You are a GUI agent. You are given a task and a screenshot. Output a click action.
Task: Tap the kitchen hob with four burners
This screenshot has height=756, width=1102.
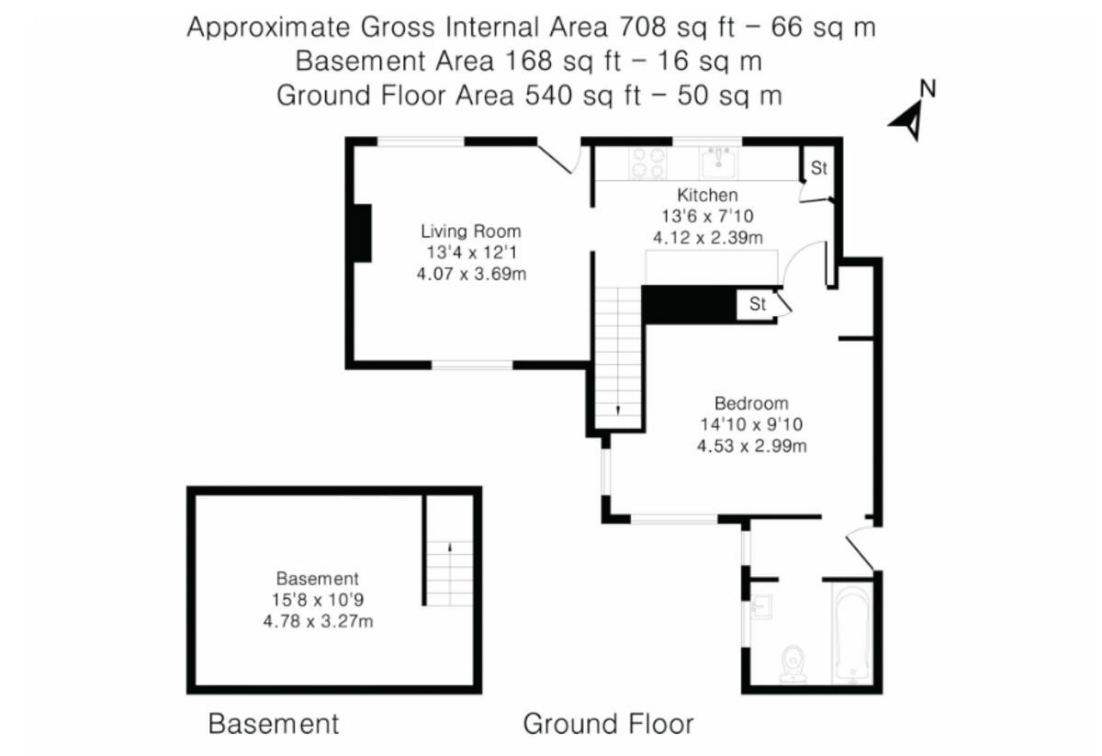click(x=647, y=164)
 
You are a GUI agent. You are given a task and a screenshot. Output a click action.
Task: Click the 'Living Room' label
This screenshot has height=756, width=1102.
click(x=470, y=231)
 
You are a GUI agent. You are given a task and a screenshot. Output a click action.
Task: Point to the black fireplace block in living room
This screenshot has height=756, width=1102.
click(x=363, y=233)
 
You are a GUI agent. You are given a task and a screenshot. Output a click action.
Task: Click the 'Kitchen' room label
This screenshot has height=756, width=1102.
click(x=707, y=195)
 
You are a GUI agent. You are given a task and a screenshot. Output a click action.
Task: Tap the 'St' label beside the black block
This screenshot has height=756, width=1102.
click(x=757, y=305)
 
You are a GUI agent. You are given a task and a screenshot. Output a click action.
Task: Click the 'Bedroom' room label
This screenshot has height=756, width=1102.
click(x=751, y=403)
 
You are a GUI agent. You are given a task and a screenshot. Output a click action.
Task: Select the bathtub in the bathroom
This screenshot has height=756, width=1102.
click(x=853, y=633)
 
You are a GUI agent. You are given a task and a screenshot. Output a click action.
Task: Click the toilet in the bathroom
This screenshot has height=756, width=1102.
click(x=793, y=664)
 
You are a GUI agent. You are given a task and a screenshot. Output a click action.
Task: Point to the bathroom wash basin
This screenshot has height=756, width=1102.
click(x=760, y=607)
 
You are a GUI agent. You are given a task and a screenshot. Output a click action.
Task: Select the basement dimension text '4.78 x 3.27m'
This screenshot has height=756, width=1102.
click(x=318, y=621)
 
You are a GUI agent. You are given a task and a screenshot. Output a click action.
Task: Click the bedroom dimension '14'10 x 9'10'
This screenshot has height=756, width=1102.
click(x=751, y=425)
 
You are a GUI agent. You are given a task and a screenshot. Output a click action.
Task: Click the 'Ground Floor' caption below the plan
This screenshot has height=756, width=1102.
click(x=608, y=724)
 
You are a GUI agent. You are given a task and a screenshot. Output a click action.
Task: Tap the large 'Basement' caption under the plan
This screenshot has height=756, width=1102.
click(x=274, y=724)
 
